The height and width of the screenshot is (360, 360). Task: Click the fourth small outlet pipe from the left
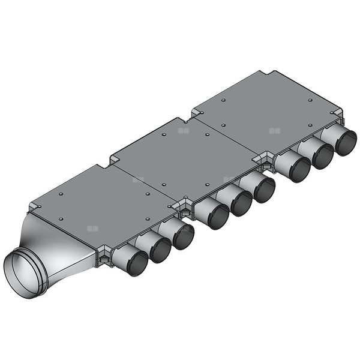(213, 214)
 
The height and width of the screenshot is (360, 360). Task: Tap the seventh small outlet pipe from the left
(295, 167)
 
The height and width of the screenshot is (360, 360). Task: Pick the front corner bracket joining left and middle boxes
(184, 208)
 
